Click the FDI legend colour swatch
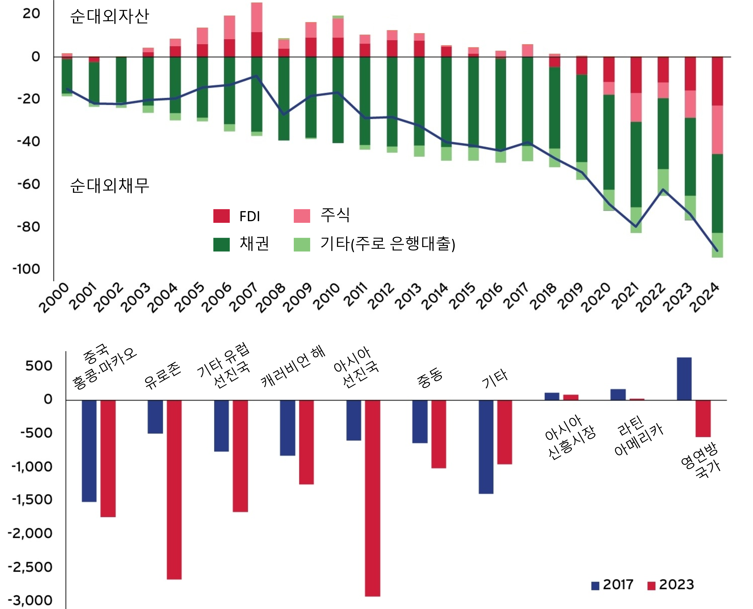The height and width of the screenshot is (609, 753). (221, 216)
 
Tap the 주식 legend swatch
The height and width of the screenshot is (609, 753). (302, 216)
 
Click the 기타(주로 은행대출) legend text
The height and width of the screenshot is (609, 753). (387, 244)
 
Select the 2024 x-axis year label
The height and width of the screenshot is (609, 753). (704, 298)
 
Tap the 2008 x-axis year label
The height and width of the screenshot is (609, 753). (271, 298)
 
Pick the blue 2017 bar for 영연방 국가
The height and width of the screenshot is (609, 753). (684, 379)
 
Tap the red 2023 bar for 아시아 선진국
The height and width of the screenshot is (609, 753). (373, 498)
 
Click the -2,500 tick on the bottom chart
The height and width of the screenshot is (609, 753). (30, 567)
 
